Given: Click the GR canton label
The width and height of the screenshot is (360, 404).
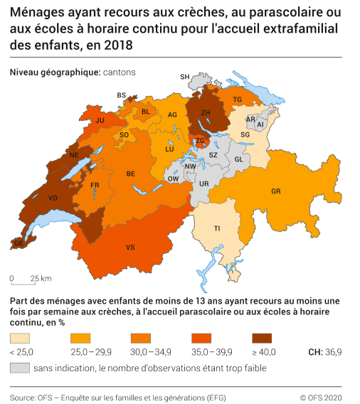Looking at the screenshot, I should [275, 191].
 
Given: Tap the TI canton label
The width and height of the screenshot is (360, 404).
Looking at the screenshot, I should [216, 228].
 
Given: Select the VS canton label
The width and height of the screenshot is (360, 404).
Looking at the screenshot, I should [130, 247].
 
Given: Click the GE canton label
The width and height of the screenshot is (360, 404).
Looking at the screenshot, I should [19, 243].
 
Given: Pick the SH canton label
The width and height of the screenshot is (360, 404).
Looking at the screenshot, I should [185, 77].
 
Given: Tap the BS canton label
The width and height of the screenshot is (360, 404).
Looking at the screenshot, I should [121, 95].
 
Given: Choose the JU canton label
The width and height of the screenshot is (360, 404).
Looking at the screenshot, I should [100, 121].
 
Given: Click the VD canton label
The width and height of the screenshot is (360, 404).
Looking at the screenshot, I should [53, 198].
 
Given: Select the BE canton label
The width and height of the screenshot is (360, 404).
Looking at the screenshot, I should [130, 174].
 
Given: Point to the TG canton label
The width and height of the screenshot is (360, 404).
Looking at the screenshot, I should [238, 100].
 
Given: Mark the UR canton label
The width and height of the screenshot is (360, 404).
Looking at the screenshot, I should [204, 184].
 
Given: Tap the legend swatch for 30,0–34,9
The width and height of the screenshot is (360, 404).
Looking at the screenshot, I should [142, 339].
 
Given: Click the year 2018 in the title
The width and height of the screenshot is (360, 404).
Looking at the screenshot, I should [117, 45].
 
